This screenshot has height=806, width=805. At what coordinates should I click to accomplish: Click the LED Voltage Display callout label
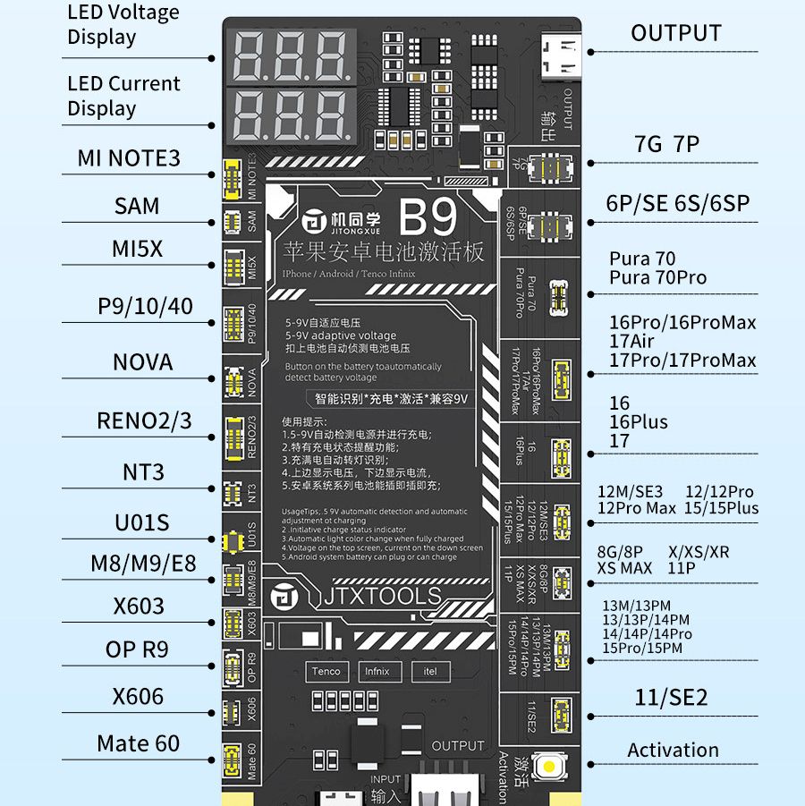[x=123, y=25]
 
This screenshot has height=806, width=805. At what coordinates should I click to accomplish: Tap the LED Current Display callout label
[x=123, y=96]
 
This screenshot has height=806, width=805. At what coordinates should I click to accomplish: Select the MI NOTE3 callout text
[x=129, y=158]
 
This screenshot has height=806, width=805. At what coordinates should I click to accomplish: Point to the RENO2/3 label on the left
[x=144, y=420]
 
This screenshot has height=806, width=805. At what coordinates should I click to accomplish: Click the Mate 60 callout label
[x=138, y=742]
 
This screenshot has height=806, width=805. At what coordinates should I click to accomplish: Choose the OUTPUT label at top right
[x=675, y=33]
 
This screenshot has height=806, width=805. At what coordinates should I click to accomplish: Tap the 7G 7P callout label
[x=666, y=144]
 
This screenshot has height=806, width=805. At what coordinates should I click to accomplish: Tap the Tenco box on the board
[x=326, y=671]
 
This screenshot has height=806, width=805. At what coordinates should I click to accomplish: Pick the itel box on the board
[x=430, y=671]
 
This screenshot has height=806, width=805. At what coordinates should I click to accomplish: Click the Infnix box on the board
[x=377, y=671]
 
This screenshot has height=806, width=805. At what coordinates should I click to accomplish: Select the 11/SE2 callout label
[x=671, y=697]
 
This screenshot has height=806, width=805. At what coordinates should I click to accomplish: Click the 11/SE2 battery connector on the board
[x=562, y=713]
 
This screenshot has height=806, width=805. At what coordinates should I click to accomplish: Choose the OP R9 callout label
[x=137, y=649]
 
